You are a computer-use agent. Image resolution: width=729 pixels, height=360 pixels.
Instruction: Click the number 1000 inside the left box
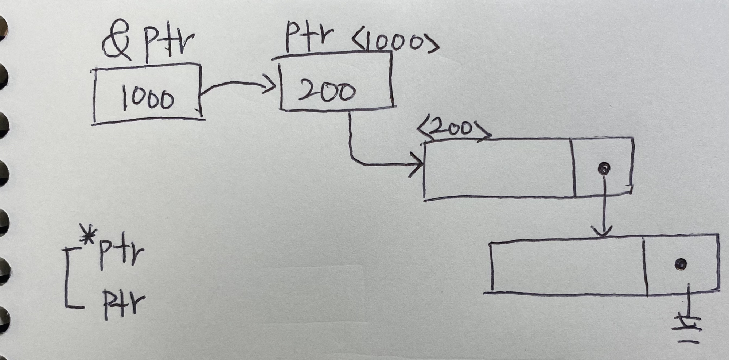click(148, 99)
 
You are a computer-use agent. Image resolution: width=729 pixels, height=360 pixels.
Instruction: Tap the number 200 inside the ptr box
click(327, 92)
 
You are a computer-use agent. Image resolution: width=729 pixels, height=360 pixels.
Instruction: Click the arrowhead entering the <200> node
click(417, 165)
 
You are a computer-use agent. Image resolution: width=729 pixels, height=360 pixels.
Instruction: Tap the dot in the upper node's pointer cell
click(604, 168)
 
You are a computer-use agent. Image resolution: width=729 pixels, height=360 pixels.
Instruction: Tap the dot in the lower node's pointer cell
click(681, 263)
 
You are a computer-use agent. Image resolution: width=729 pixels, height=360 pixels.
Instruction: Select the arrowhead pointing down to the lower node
click(604, 231)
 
